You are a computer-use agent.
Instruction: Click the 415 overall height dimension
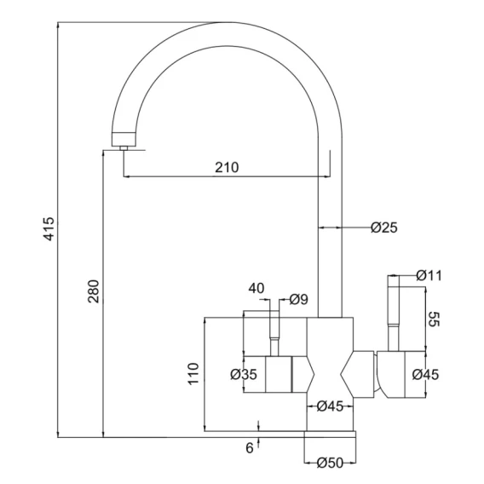point(49,229)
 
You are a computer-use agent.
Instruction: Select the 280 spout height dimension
point(94,291)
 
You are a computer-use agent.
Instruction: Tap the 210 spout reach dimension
point(227,167)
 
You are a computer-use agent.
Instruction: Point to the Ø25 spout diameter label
point(384,228)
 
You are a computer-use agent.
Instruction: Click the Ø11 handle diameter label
point(429,275)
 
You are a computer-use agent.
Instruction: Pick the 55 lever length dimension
point(434,319)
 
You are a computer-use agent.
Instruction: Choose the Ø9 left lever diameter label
point(299,299)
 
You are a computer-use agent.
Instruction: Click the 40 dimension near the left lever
point(256,288)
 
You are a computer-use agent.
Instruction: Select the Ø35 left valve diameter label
point(244,374)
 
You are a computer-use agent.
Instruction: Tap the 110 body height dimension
point(193,373)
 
